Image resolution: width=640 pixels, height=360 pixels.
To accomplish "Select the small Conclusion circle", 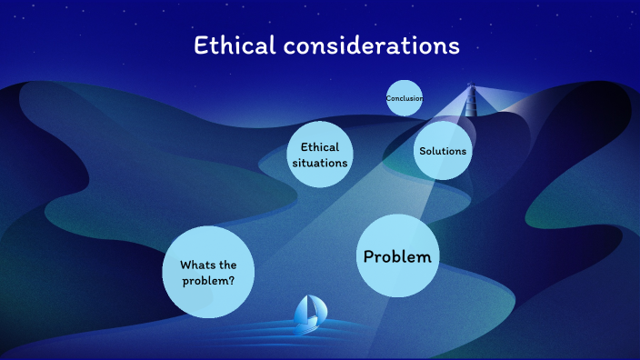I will [x=404, y=98].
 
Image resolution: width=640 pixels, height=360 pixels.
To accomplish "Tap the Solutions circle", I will [x=443, y=151].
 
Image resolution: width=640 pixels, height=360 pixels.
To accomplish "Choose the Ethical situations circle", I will [x=319, y=155].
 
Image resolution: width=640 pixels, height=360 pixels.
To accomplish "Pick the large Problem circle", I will [x=397, y=256].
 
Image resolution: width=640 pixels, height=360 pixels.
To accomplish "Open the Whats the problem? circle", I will [x=207, y=272].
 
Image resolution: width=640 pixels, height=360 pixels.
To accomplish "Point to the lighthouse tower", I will [x=471, y=96].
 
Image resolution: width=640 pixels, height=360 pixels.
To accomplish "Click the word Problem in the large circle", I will [x=397, y=256].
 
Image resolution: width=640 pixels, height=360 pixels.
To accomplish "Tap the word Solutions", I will [x=443, y=151].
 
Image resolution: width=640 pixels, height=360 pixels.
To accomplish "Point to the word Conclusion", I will [x=404, y=98].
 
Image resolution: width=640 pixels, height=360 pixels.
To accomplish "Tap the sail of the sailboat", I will [x=310, y=309].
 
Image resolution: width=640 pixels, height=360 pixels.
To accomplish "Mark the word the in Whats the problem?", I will [x=227, y=265].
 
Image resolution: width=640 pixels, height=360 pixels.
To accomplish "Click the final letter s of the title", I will [x=454, y=46].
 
